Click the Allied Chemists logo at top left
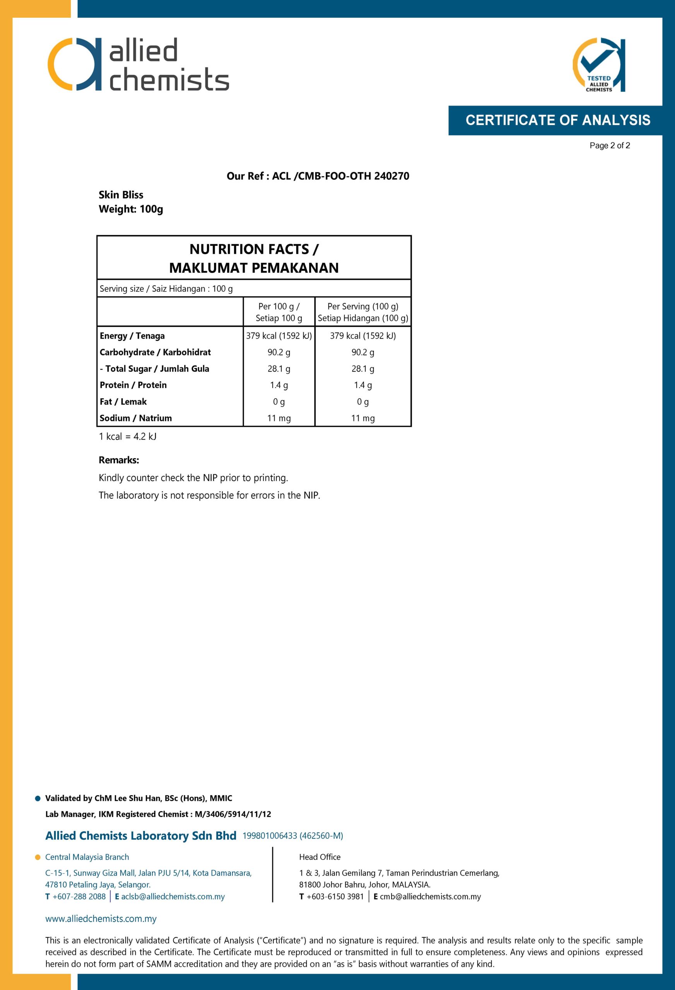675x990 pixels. [x=138, y=64]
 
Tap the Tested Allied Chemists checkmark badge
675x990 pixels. [x=598, y=65]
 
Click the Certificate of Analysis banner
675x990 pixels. [x=557, y=120]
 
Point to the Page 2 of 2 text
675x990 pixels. [x=609, y=146]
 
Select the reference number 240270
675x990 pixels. [x=391, y=176]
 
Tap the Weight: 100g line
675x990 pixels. [x=131, y=209]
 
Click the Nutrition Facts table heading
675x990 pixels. [x=254, y=258]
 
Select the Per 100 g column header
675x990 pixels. [x=279, y=312]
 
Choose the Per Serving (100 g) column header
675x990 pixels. [x=362, y=312]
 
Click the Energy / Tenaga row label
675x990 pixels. [x=132, y=336]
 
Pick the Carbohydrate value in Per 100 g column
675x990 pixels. [x=279, y=352]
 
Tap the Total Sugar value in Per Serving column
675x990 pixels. [x=362, y=369]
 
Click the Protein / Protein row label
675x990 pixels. [x=133, y=385]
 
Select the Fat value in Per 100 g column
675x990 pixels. [x=279, y=402]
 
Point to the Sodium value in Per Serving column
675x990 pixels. [x=362, y=418]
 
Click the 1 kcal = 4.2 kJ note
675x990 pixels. [x=127, y=437]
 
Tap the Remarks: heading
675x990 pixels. [x=119, y=460]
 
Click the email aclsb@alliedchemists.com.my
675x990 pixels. [x=173, y=896]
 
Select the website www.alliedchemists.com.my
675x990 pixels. [x=101, y=919]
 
